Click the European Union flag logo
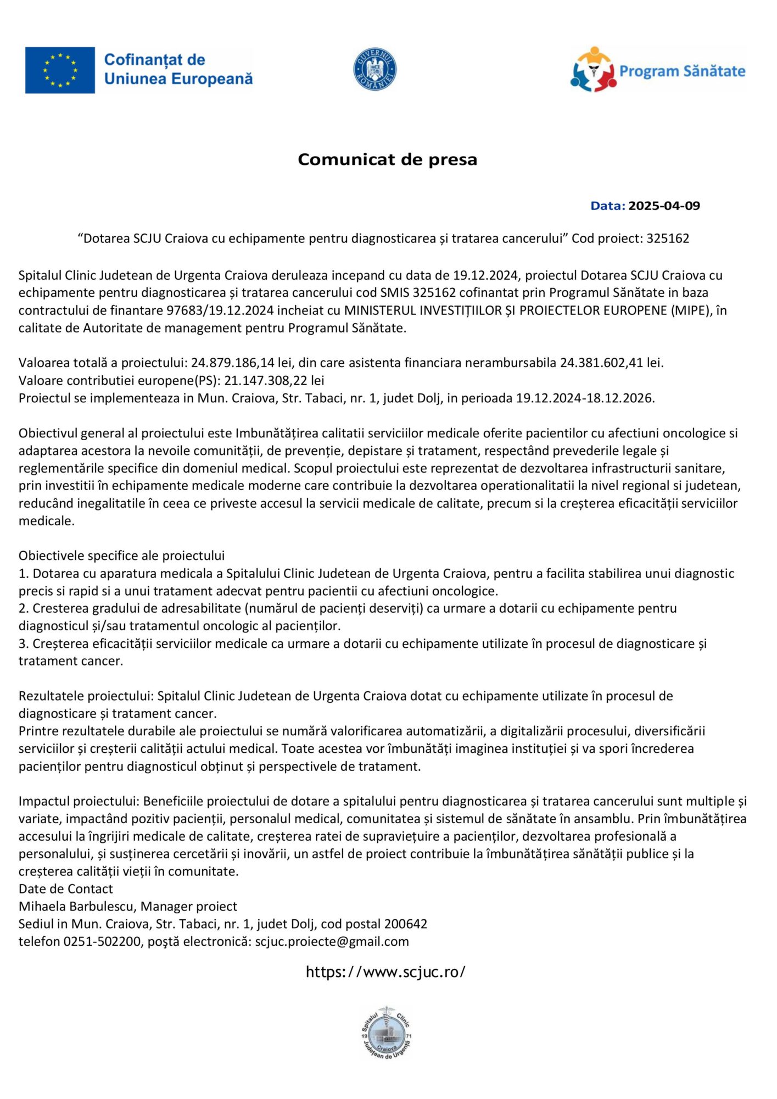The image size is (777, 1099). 60,70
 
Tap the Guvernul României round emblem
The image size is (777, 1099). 375,69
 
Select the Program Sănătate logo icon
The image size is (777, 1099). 592,70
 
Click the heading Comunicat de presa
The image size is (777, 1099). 387,159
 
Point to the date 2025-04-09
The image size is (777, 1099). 664,206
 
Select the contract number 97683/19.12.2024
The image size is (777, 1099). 220,310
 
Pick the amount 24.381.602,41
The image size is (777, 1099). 601,363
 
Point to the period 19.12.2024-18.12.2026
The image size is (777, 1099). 585,398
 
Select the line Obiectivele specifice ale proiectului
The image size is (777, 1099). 121,556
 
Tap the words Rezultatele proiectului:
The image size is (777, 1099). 86,696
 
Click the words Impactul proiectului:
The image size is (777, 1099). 79,801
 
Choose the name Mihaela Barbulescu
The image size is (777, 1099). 77,907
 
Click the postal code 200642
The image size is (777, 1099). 405,924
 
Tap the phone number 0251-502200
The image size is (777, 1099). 102,942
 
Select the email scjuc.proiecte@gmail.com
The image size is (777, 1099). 332,942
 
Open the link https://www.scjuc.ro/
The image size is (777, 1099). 385,972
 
